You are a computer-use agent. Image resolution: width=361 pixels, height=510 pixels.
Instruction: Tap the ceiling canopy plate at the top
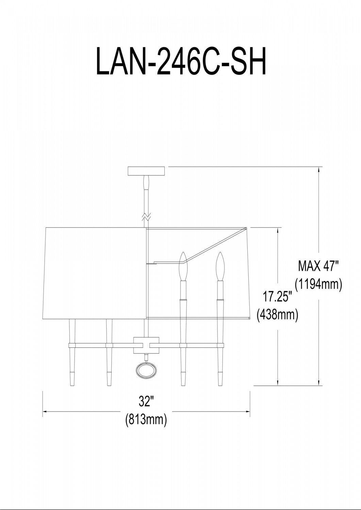pos(146,171)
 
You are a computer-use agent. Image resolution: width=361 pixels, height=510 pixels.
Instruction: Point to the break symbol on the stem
pos(146,217)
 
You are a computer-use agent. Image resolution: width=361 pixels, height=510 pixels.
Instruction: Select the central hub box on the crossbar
pos(146,345)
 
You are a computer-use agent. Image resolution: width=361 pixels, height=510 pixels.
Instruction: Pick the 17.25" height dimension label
pos(277,297)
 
